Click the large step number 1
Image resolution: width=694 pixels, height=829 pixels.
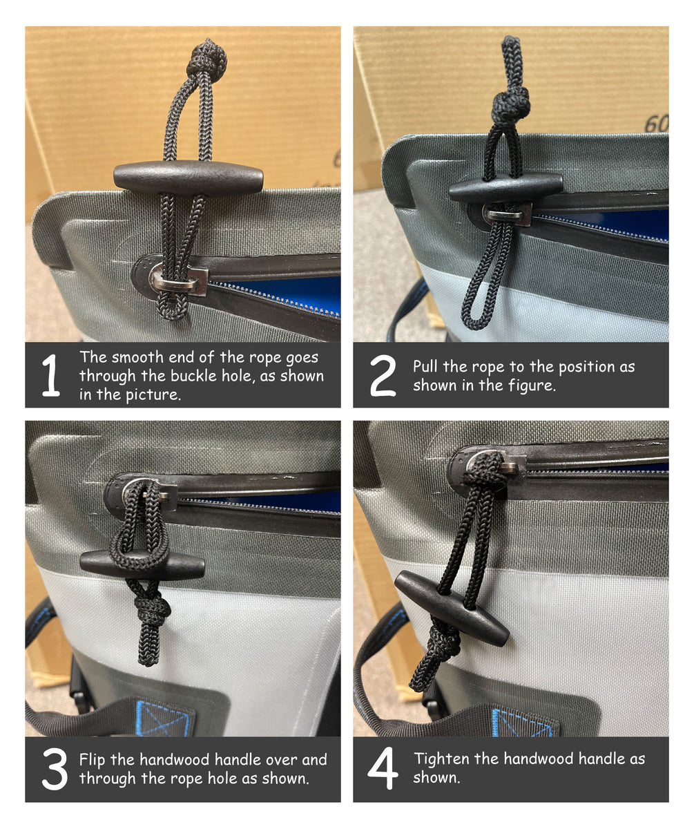coord(51,374)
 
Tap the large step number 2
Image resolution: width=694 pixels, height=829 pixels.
coord(383,375)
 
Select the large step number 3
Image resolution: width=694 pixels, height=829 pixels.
coord(55,769)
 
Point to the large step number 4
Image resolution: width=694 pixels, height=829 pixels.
coord(383,768)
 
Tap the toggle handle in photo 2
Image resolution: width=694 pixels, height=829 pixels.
coord(505,188)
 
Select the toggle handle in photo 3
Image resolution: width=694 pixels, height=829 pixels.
coord(142,565)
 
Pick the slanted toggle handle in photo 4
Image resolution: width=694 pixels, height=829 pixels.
coord(452,608)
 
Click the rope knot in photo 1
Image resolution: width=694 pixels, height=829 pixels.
coord(208,58)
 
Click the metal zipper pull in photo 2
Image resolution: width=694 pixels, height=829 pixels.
coord(508,214)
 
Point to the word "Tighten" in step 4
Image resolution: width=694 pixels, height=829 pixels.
coord(443,759)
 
